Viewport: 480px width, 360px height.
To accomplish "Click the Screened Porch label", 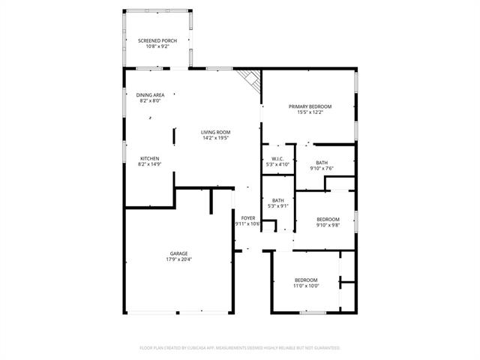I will tap(157, 40).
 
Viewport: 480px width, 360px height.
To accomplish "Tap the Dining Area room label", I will tap(150, 95).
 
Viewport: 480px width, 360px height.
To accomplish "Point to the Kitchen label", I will tap(149, 158).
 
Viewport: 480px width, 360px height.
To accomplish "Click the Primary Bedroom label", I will tap(310, 106).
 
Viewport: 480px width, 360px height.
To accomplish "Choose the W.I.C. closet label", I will tap(276, 158).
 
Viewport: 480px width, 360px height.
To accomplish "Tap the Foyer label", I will tap(247, 217).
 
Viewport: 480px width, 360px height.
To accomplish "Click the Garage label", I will tap(178, 253).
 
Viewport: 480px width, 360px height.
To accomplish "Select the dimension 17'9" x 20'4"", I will tap(178, 259).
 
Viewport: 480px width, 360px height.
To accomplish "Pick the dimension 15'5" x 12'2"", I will tap(310, 112).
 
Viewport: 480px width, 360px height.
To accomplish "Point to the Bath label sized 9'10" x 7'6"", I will tap(321, 163).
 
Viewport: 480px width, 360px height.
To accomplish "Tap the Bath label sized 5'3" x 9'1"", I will tap(277, 200).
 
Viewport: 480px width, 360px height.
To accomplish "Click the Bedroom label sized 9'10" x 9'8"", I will tap(328, 219).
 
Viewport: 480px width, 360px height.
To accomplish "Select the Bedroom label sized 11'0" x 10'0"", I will tap(306, 280).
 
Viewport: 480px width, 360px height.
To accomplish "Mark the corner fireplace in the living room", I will tap(250, 79).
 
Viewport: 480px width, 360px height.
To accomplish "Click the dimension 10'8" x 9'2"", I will tap(157, 46).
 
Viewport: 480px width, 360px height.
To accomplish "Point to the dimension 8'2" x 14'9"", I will tap(149, 164).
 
